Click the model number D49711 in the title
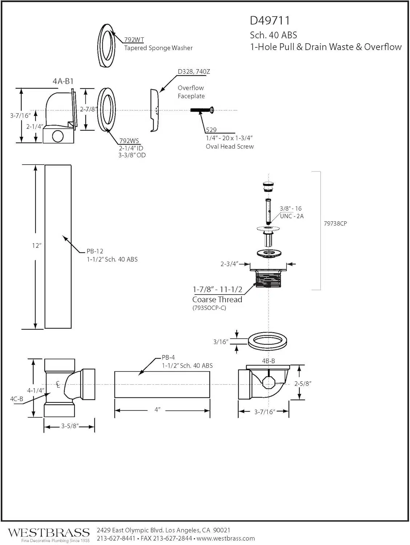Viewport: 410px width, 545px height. (270, 21)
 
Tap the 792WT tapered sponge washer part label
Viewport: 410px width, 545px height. (134, 40)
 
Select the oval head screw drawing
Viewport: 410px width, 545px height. (202, 110)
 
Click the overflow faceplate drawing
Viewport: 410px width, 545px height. (154, 110)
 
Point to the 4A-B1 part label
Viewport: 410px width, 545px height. (63, 81)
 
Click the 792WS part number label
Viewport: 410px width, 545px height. (129, 141)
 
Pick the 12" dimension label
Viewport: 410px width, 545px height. (36, 246)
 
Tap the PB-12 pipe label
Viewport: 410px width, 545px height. (95, 251)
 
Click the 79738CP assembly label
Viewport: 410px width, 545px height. (335, 223)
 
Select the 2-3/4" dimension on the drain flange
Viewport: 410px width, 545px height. (229, 264)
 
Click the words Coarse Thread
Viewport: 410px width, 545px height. (217, 300)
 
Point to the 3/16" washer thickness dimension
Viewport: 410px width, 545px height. (221, 342)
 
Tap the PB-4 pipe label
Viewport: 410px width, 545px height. (168, 358)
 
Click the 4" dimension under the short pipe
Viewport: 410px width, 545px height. (157, 410)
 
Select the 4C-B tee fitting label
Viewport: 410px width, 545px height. (16, 399)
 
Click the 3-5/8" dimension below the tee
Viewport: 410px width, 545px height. (69, 426)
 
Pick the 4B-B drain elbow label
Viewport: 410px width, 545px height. (268, 361)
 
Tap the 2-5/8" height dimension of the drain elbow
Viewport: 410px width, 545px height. (303, 384)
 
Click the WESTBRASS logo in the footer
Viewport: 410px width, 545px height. (49, 533)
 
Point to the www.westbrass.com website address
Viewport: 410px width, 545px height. (226, 538)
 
